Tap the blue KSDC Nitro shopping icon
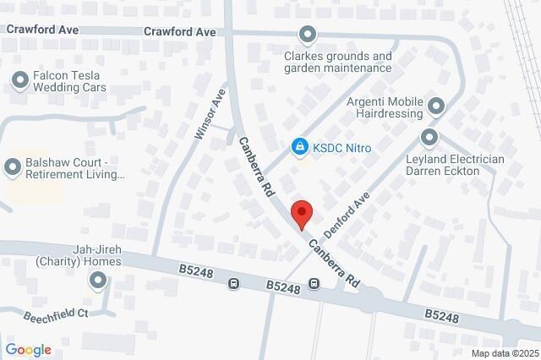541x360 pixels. pos(298,148)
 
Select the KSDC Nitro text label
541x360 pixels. pos(342,148)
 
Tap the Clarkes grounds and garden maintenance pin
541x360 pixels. pos(307,35)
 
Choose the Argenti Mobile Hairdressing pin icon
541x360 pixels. pos(436,106)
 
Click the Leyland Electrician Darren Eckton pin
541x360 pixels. pos(429,137)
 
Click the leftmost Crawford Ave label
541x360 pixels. pos(41,29)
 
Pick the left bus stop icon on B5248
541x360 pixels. pos(233,284)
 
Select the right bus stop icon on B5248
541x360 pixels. pos(314,283)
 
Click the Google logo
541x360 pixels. pos(28,350)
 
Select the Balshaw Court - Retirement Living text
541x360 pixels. pos(77,168)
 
